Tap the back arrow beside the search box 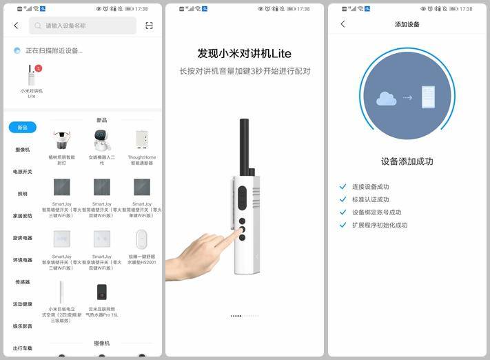point(16,26)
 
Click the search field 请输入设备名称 point(83,26)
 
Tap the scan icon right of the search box point(149,26)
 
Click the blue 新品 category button point(23,128)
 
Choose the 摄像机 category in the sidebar point(23,150)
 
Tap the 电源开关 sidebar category point(23,172)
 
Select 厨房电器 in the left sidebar point(23,238)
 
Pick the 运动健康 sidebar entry point(23,304)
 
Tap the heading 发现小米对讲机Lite point(245,54)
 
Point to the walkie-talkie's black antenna point(244,145)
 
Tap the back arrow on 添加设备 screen point(343,24)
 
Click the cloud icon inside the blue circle point(387,99)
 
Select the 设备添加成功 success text point(407,161)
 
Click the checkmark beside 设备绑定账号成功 point(343,212)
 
